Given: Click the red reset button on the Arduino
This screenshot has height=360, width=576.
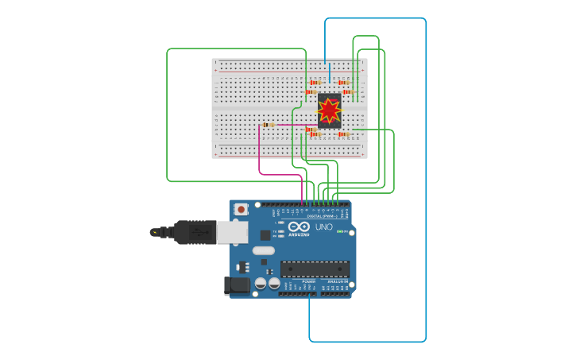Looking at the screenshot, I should coord(242,209).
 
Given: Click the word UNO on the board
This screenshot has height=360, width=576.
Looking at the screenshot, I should coord(324,227).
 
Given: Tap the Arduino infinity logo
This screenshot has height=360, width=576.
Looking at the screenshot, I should coord(300,226).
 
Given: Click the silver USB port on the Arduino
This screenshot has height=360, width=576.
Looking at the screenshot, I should coord(233,231).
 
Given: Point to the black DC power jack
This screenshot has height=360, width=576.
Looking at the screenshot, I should coord(237,285).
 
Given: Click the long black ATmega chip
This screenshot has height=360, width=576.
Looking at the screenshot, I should coord(315,269).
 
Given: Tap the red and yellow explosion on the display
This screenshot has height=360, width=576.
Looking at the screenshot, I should coord(329,110).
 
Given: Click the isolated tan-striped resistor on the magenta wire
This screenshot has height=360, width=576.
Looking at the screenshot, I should coord(270,125).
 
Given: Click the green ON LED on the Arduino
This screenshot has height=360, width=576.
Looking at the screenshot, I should coord(339,232).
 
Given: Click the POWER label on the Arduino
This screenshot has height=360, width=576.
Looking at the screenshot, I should coord(308,281).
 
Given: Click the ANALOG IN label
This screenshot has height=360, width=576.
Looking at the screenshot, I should coord(337,281).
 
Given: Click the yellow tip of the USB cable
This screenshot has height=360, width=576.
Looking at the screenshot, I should coord(153,232).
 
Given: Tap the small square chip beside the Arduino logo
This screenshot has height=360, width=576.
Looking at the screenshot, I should coord(265,234).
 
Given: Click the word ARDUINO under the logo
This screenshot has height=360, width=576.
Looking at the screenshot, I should coord(300,234).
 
